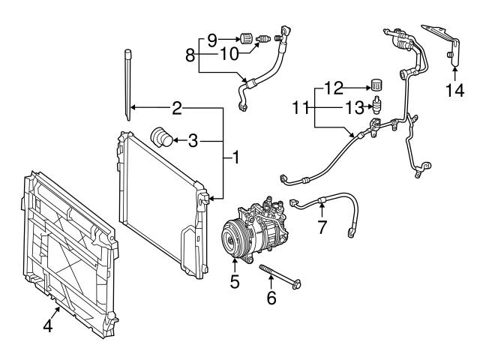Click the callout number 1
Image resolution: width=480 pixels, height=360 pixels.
235,158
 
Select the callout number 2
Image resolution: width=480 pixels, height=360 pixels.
177,109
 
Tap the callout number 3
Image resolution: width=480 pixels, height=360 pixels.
193,140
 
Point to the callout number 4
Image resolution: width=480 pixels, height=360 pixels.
47,327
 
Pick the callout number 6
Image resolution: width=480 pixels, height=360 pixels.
271,298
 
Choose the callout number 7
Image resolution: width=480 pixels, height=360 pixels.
322,227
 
